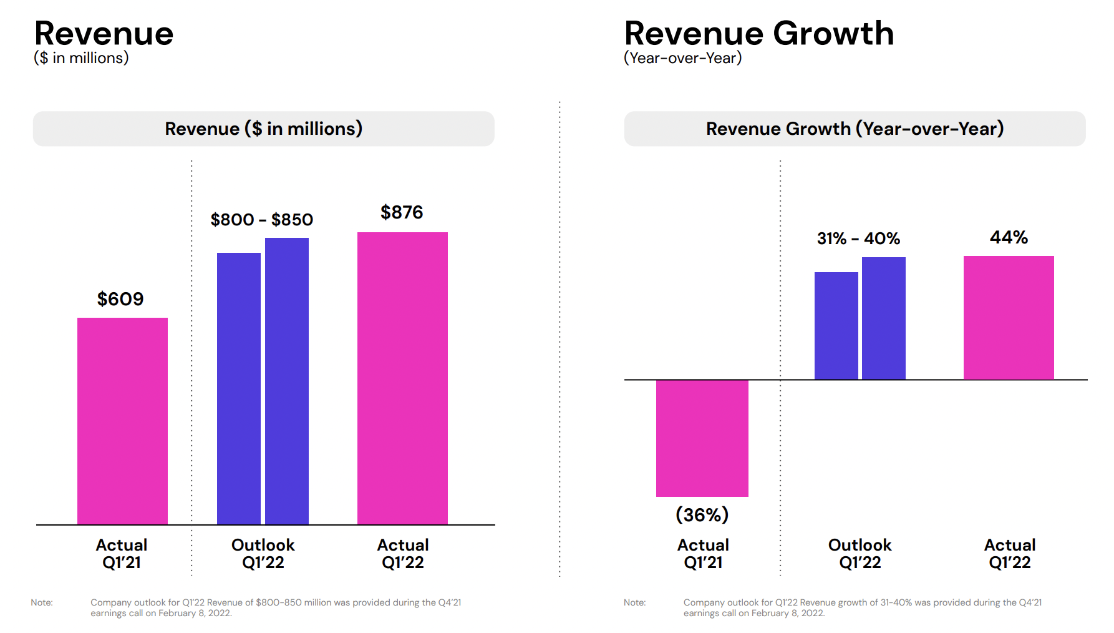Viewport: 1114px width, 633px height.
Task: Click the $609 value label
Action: tap(120, 299)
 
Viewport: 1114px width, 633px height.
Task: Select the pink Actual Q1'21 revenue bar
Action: tap(122, 421)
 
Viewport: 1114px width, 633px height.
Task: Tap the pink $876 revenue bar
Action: tap(402, 378)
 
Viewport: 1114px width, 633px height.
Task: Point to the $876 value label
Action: tap(402, 212)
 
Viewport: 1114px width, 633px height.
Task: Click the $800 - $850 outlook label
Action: tap(262, 220)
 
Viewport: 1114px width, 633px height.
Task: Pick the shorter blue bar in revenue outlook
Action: tap(239, 388)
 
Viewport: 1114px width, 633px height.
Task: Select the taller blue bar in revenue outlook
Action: tap(287, 381)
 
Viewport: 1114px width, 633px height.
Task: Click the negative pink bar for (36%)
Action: tap(702, 438)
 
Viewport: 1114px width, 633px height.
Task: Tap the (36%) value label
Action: tap(702, 515)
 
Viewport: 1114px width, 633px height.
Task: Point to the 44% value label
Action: tap(1009, 237)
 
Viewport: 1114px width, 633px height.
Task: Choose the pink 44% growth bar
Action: tap(1009, 317)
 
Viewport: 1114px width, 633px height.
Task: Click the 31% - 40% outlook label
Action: tap(859, 238)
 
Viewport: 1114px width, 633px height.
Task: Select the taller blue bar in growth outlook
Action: tap(884, 318)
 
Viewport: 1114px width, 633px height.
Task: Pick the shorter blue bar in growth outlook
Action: tap(836, 326)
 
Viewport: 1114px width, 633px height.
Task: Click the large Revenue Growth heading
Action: tap(759, 33)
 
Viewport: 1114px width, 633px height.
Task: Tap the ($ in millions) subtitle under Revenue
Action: tap(81, 58)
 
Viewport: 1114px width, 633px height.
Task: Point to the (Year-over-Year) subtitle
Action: tap(683, 58)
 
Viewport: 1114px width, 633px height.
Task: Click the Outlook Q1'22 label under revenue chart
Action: tap(263, 554)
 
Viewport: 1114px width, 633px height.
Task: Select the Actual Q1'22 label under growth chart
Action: tap(1010, 554)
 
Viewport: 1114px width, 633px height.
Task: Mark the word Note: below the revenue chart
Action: tap(42, 602)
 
